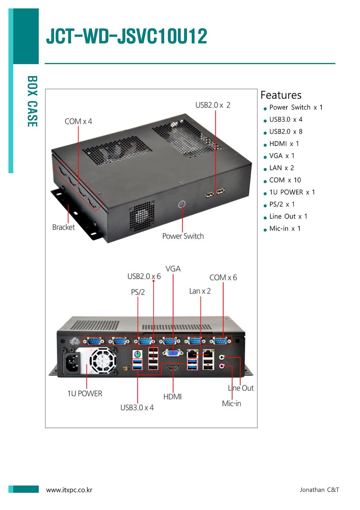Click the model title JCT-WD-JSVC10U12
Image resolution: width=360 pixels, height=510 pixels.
coord(126,36)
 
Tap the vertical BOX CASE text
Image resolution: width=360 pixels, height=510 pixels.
coord(32,101)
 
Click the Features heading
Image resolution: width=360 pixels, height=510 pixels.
coord(281,95)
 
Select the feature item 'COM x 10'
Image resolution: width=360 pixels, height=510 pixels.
coord(285,180)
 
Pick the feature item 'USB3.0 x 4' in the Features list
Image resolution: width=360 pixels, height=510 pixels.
coord(286,120)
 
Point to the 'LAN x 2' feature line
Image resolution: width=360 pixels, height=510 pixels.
coord(281,168)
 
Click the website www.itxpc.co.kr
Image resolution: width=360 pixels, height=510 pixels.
coord(69,490)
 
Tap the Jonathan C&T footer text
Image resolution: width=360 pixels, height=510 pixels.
coord(319,489)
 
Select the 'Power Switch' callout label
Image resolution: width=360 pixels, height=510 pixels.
coord(183,236)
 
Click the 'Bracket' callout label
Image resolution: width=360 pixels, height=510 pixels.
coord(64,227)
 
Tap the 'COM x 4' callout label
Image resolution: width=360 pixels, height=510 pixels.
coord(78,121)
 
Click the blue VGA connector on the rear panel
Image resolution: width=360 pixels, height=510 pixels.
coord(173,353)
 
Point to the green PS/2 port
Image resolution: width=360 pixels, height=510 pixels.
coord(137,354)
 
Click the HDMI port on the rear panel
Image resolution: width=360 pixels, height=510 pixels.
coord(173,368)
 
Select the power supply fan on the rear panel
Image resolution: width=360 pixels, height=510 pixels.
coord(103,361)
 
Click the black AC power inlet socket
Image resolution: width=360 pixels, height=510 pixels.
coord(72,363)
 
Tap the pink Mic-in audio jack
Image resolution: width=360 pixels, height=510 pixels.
coord(222,366)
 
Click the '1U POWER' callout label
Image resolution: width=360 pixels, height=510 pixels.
coord(85,393)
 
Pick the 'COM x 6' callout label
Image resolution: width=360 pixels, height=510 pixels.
coord(223,278)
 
